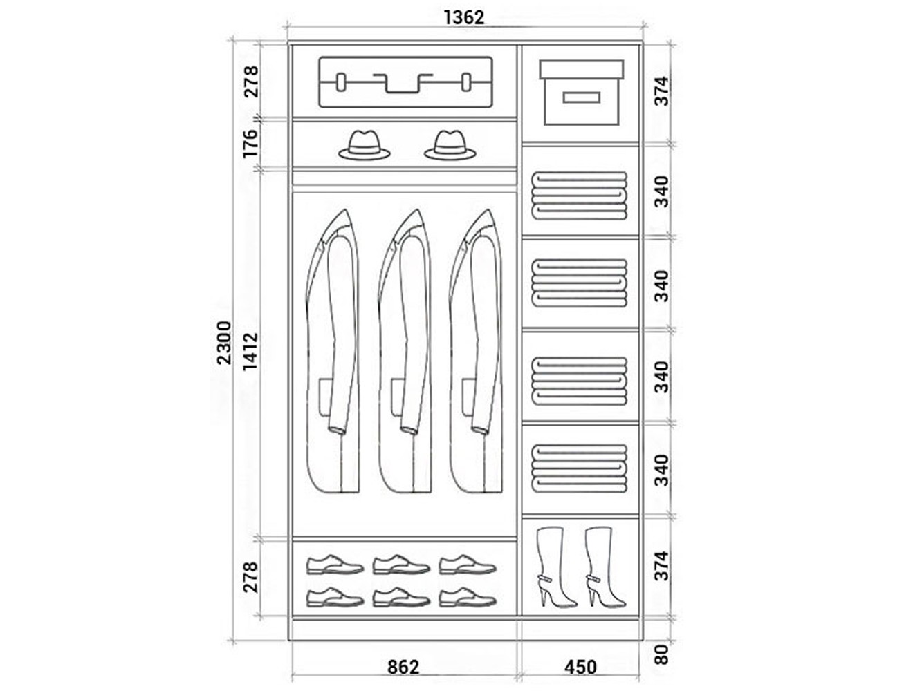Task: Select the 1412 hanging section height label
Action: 250,351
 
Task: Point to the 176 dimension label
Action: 250,143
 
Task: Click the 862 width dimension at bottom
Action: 403,667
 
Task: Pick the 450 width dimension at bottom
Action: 580,667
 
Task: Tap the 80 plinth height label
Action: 662,654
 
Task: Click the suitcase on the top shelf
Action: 406,82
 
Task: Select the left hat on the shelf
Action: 365,145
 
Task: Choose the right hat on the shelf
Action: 450,145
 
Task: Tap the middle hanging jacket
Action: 406,352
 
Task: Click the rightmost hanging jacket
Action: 477,352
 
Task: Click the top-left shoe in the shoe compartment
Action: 334,564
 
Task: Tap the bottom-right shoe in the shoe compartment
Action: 468,597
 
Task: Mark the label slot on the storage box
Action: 580,97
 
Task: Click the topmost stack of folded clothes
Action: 580,194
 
